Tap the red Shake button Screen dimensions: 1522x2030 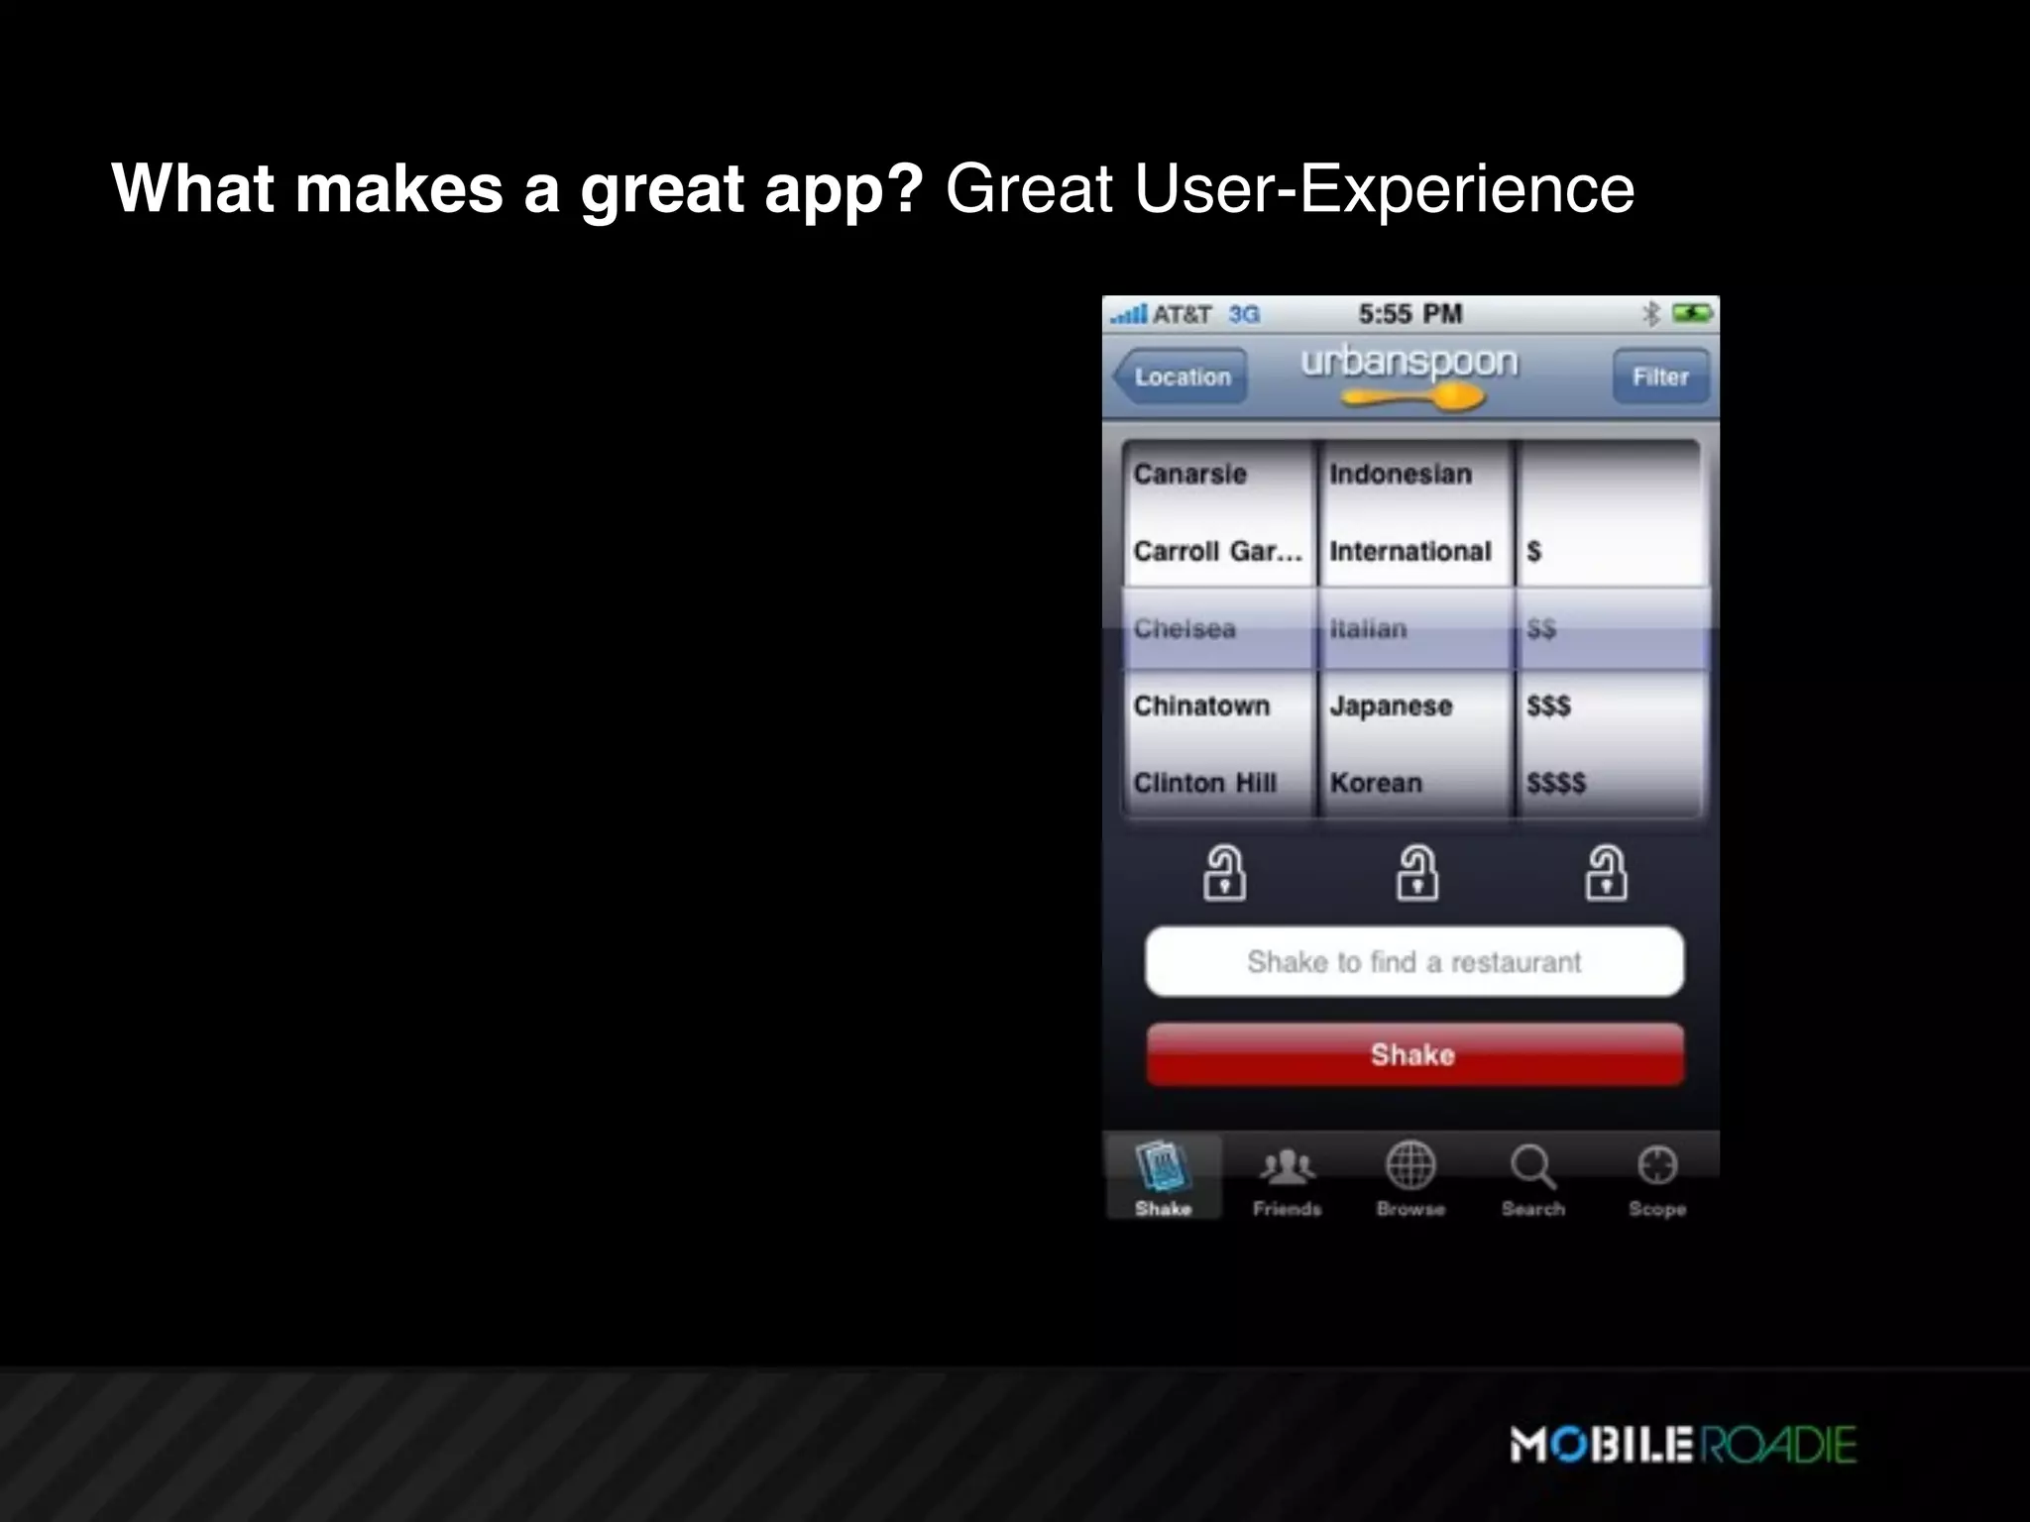[x=1414, y=1054]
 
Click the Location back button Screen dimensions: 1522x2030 [x=1181, y=377]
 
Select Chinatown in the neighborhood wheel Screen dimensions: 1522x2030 [x=1201, y=706]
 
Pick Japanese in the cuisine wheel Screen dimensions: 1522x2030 [x=1391, y=706]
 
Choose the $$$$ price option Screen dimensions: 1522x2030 [x=1556, y=783]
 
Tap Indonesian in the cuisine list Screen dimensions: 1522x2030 [x=1401, y=474]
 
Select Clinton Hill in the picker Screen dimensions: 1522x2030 [x=1205, y=783]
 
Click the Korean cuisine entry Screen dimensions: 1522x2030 [x=1376, y=783]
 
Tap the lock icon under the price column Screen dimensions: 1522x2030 [x=1606, y=873]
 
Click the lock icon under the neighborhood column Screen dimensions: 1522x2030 [x=1225, y=873]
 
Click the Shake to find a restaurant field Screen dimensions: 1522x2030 [x=1414, y=961]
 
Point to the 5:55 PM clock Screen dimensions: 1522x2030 [x=1410, y=314]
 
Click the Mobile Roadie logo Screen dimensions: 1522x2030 [x=1683, y=1444]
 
